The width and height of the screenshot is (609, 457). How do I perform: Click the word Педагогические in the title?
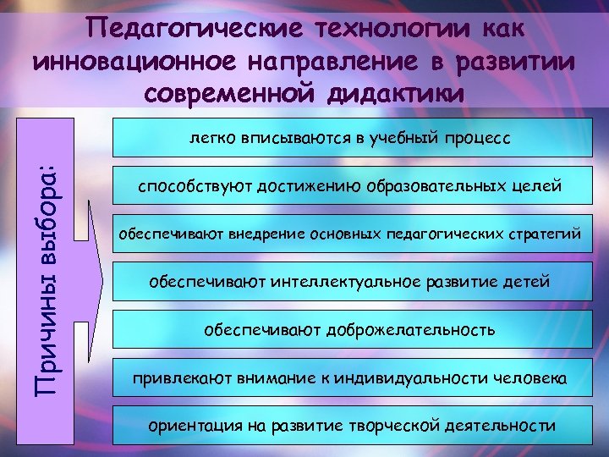[x=198, y=29]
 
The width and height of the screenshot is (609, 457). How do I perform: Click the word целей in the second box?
[x=538, y=185]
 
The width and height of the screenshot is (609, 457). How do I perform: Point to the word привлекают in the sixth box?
[x=172, y=375]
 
